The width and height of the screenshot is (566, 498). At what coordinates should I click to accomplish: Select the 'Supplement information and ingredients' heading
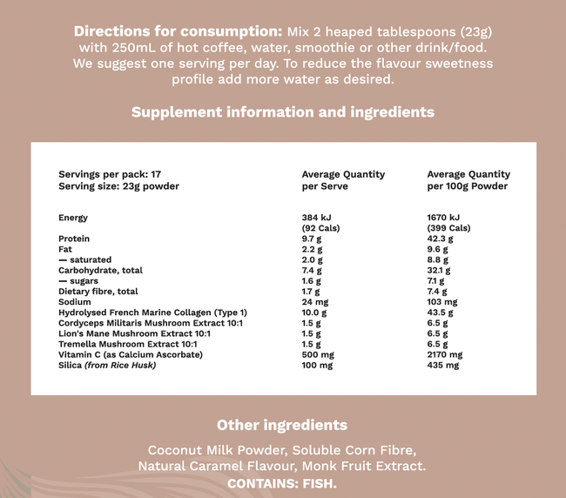[283, 112]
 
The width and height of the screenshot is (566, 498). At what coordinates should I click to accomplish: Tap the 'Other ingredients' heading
[282, 425]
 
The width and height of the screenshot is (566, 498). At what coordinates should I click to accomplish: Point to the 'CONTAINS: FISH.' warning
[282, 483]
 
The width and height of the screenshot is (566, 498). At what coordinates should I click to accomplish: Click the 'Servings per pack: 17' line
[110, 174]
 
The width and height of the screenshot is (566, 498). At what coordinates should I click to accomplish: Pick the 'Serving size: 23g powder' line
[118, 186]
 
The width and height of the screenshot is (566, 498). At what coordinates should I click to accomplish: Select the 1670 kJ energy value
[443, 218]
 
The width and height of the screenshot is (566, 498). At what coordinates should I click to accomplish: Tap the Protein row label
[74, 239]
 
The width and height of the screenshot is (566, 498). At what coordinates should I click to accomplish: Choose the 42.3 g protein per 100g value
[441, 239]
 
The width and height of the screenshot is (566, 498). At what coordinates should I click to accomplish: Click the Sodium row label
[75, 302]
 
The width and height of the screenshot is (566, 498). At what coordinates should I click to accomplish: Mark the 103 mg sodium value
[441, 302]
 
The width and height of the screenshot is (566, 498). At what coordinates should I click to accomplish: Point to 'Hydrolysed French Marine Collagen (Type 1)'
[152, 313]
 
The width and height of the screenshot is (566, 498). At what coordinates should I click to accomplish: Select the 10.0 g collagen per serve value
[314, 313]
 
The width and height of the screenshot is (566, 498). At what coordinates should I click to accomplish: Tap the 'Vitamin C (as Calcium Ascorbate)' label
[131, 354]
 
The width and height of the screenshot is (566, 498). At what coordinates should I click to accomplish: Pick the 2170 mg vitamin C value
[444, 354]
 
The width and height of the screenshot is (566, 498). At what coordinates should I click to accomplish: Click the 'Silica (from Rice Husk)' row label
[106, 366]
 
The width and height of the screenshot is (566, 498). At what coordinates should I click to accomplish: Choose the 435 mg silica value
[442, 366]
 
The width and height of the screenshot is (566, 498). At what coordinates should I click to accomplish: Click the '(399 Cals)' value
[448, 228]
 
